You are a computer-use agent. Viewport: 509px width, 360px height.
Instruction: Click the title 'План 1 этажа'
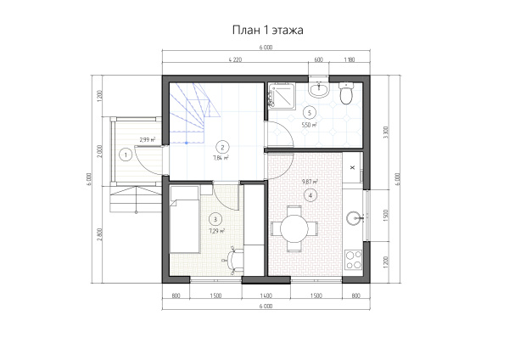(266, 30)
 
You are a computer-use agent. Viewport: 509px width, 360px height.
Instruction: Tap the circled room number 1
(126, 155)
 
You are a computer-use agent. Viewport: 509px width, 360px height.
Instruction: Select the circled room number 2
(221, 145)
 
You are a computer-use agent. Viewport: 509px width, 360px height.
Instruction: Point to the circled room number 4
(311, 195)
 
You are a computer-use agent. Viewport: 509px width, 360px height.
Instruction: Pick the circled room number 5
(310, 112)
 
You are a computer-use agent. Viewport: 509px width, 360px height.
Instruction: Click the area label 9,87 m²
(310, 181)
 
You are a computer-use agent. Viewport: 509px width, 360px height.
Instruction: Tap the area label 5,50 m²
(309, 125)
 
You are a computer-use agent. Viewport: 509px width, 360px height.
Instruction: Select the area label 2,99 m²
(147, 139)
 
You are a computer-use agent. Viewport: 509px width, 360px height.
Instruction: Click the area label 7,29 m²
(216, 230)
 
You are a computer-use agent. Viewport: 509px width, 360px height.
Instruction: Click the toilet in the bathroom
(345, 95)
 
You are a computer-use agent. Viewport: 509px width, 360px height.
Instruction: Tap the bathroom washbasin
(322, 89)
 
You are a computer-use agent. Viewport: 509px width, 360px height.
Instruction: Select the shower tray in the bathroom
(279, 97)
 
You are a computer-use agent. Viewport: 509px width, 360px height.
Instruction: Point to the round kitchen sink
(355, 220)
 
